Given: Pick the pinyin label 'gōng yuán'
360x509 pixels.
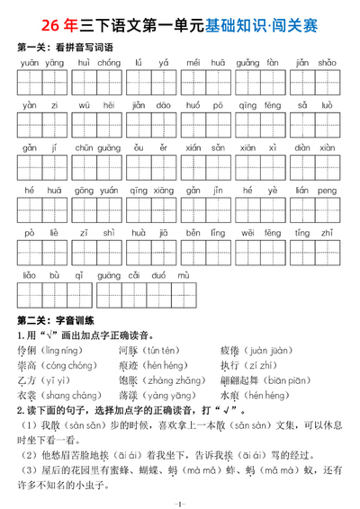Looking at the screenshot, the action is [x=95, y=191].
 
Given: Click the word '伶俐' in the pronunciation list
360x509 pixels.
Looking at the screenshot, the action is [x=28, y=349].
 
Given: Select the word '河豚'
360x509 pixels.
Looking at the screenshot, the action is [x=130, y=349].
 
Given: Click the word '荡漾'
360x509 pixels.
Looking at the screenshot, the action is [x=130, y=395].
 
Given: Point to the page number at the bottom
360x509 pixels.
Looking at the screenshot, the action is [x=180, y=502].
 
